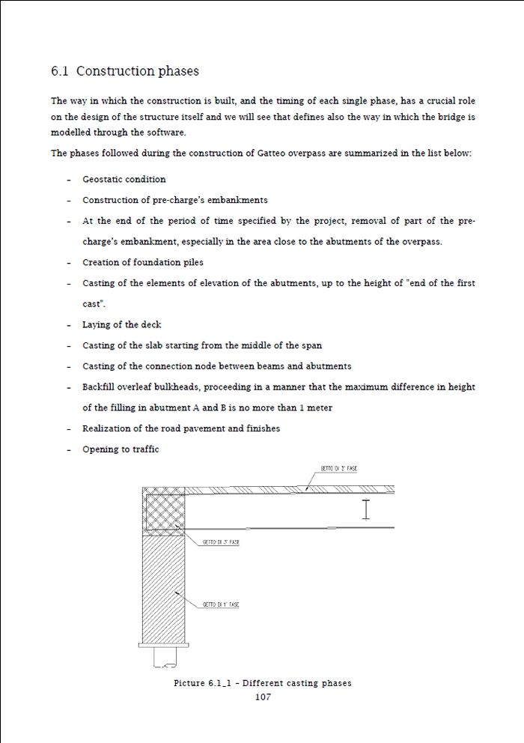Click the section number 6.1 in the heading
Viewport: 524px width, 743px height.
[x=60, y=72]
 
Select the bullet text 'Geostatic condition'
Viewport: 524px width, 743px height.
[x=124, y=180]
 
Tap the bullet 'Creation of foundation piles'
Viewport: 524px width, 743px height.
[x=143, y=263]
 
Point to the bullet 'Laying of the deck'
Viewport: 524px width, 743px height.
[x=122, y=325]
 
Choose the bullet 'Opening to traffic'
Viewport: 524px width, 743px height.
[x=121, y=449]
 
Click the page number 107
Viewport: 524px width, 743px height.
[x=263, y=697]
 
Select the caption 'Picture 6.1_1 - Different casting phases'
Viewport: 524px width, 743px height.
[x=263, y=683]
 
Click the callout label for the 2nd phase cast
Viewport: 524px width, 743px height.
[x=339, y=469]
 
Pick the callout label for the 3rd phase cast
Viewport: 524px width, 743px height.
[x=221, y=542]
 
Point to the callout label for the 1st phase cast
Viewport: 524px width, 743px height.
[x=221, y=604]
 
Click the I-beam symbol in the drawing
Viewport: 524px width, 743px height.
[x=366, y=509]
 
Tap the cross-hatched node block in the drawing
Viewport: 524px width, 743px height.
[x=163, y=510]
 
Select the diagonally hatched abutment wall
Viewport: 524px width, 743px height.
[x=163, y=584]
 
